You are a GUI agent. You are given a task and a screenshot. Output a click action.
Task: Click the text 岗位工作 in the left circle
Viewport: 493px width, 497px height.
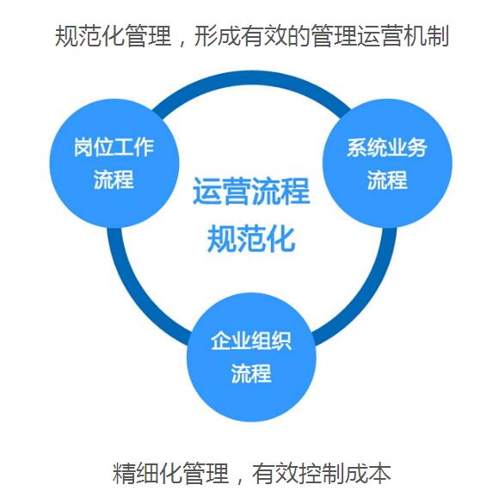(114, 147)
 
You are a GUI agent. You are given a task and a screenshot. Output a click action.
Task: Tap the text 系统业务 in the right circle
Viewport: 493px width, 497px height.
(386, 148)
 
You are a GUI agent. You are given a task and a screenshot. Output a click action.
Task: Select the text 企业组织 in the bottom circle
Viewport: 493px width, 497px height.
(251, 341)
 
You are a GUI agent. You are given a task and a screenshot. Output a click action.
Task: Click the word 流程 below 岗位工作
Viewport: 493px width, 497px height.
(114, 180)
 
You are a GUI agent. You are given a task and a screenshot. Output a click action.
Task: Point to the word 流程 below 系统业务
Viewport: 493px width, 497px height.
(387, 180)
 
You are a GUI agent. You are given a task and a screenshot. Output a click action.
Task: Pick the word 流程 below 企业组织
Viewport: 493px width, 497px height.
(251, 373)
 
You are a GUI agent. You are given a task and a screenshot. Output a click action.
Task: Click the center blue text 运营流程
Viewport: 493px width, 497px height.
(251, 191)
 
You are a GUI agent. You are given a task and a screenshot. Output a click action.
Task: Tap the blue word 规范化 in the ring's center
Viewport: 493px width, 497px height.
(251, 239)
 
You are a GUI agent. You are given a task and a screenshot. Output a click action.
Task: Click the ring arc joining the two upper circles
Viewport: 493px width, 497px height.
(251, 78)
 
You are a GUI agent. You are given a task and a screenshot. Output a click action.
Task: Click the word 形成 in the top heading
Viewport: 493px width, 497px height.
(217, 36)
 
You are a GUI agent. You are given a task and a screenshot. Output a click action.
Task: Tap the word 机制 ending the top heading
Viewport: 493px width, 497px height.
(427, 36)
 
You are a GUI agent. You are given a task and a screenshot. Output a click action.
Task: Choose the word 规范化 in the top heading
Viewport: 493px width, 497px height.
(89, 36)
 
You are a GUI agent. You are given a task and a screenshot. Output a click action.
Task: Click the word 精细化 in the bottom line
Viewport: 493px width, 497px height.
(147, 473)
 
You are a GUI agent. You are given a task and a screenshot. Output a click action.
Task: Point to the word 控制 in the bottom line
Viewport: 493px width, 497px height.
(322, 473)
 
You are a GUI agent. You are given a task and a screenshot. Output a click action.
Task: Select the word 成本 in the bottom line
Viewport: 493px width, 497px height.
(368, 473)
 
